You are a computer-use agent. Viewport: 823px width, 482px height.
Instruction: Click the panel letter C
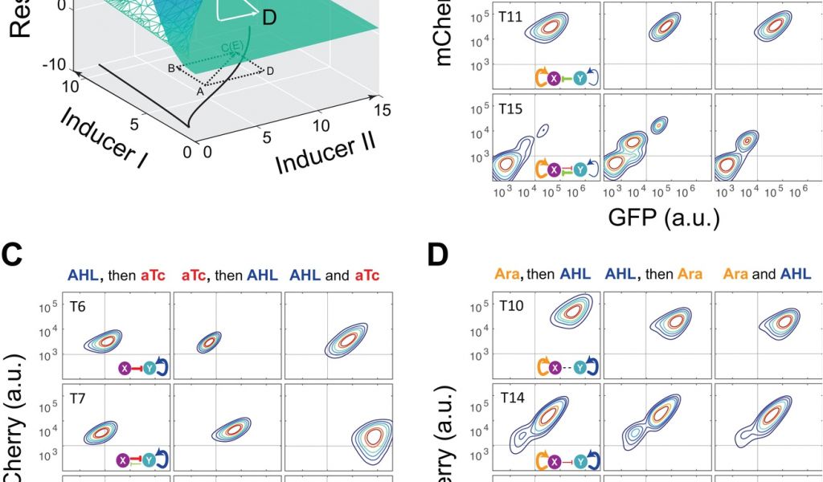[13, 258]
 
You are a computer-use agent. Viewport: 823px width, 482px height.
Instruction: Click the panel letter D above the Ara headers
[439, 258]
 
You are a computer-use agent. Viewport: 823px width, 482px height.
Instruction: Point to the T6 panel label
[78, 306]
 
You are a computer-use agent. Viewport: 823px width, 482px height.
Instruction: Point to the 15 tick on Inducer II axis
[383, 108]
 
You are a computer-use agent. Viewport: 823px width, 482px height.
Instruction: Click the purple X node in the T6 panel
[125, 368]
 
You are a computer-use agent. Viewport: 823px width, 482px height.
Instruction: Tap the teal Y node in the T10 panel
[581, 368]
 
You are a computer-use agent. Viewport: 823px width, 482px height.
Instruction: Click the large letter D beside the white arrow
[268, 15]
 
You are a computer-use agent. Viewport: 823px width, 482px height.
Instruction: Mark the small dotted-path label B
[171, 68]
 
